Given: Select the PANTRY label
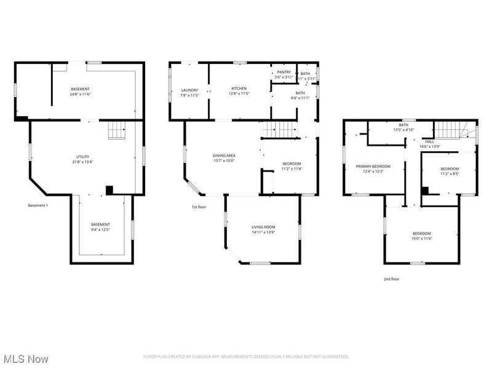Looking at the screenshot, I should [284, 72].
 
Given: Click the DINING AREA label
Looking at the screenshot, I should [224, 156].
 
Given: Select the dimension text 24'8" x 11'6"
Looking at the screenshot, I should [80, 95].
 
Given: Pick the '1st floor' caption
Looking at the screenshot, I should [198, 207].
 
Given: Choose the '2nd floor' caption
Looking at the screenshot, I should [391, 279].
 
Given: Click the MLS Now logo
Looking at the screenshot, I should [26, 358].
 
